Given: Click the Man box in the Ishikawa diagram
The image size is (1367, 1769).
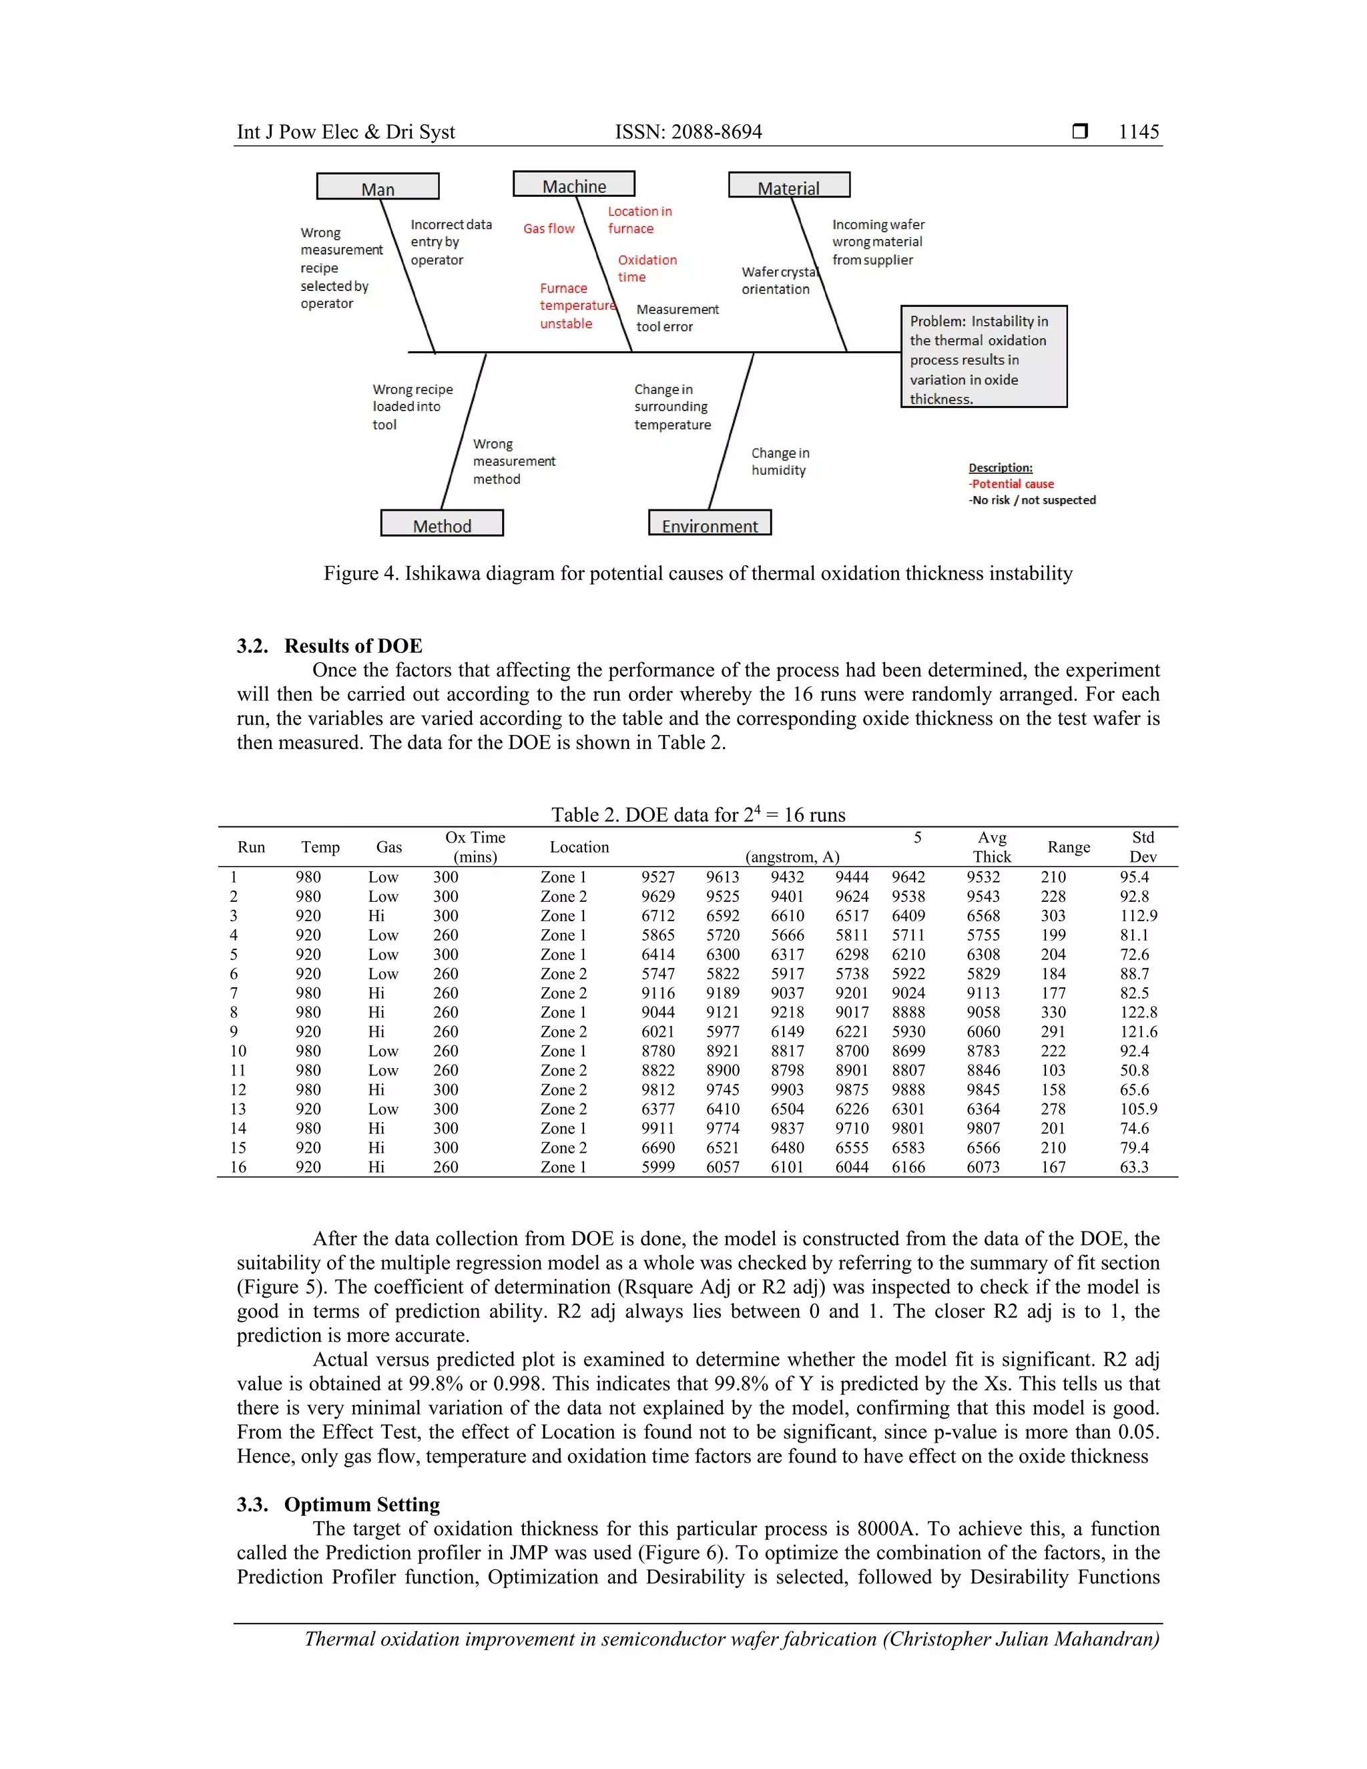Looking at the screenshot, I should [377, 186].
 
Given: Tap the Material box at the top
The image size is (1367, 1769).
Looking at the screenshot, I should [789, 186].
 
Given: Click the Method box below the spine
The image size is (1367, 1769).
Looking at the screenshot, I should [441, 523].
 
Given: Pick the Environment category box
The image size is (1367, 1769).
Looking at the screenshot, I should [710, 523].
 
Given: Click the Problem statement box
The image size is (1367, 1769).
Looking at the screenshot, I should [983, 357].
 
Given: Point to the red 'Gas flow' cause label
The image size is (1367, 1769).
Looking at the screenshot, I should [548, 229].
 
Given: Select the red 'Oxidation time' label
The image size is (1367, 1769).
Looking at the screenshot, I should [646, 268].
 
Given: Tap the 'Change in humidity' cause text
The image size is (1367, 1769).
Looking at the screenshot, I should [780, 462].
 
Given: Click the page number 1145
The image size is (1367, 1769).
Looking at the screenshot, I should [1138, 132].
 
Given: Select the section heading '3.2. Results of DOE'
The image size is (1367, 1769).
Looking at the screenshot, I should [330, 646].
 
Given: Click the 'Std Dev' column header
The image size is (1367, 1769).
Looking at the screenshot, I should [1142, 846].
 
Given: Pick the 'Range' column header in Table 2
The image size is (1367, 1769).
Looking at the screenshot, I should [1068, 847].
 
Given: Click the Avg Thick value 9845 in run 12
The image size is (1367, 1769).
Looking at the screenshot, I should [983, 1089].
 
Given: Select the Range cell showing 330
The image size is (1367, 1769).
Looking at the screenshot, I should [1053, 1013].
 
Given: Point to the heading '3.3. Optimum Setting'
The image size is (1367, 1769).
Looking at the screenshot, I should [338, 1504].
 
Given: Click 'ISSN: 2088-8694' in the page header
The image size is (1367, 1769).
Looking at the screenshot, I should [688, 132].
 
